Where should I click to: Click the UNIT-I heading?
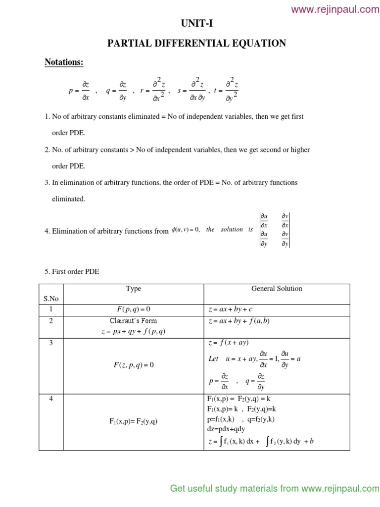[x=197, y=23]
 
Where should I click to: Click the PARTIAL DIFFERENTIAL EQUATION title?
[x=197, y=44]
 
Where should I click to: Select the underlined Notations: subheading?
[x=64, y=62]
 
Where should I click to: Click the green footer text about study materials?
[x=275, y=489]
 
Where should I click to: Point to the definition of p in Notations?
[x=79, y=91]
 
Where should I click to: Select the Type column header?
[x=134, y=289]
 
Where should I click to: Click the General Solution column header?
[x=277, y=289]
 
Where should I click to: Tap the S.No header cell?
[x=51, y=299]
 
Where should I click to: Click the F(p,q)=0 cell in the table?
[x=134, y=309]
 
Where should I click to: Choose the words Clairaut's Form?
[x=134, y=321]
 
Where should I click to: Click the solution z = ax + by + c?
[x=230, y=309]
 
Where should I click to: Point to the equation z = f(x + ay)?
[x=228, y=343]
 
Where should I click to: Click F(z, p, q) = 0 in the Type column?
[x=134, y=365]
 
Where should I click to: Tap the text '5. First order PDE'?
[x=72, y=272]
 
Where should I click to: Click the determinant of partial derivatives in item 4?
[x=275, y=229]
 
